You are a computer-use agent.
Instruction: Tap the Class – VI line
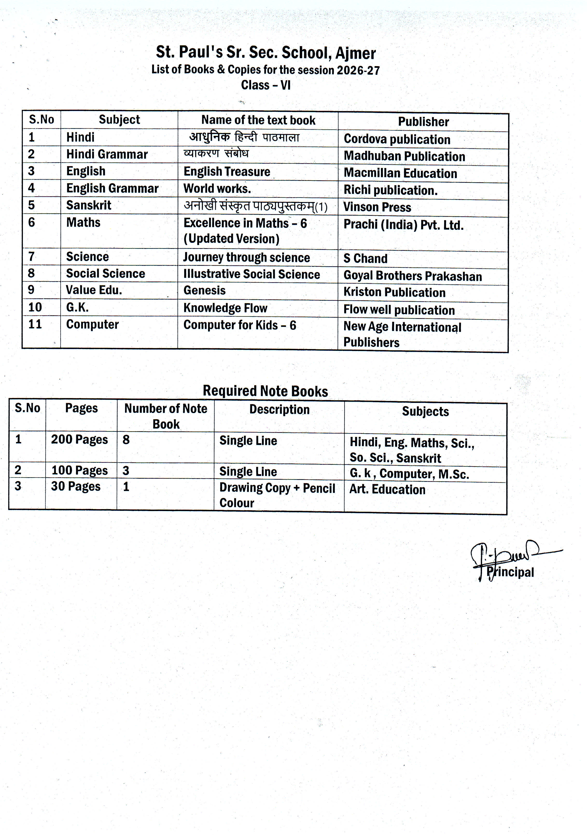266,85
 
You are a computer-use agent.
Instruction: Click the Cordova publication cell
397,139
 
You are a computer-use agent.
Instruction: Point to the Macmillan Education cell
400,173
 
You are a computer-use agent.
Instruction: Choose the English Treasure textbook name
227,171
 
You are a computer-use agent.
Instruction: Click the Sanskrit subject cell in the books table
89,205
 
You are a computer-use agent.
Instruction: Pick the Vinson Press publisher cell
377,207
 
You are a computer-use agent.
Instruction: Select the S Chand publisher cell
365,258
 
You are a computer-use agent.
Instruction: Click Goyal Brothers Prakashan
412,276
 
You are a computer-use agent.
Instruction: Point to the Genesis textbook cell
204,290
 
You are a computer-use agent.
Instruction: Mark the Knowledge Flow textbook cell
225,308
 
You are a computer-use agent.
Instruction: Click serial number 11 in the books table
35,324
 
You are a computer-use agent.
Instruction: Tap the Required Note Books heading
265,391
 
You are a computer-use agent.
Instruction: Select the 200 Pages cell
79,439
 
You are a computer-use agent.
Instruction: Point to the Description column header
279,409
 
